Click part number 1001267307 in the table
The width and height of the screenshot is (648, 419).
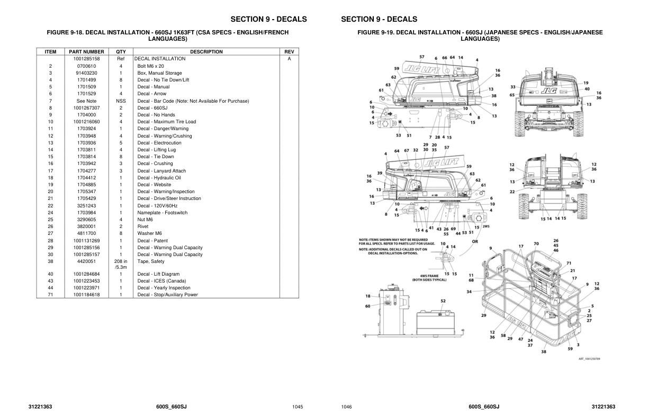coord(86,108)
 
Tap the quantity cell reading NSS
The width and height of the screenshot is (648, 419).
coord(121,101)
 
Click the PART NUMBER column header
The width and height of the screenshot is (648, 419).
coord(86,52)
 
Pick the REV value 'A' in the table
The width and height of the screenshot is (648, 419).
coord(289,59)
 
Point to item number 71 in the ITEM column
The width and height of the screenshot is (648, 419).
coord(50,295)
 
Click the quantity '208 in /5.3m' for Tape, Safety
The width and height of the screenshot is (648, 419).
coord(121,264)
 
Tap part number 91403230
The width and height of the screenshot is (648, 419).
coord(86,73)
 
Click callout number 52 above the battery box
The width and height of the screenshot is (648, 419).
coord(443,301)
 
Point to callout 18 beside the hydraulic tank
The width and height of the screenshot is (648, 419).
coord(368,296)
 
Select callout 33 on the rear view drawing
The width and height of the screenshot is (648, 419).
coord(512,87)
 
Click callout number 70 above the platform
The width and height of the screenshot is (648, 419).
coord(536,244)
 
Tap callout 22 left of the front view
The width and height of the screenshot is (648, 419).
coord(512,192)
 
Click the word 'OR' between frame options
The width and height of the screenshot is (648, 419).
coord(474,241)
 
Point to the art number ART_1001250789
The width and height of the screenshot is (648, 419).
coord(589,359)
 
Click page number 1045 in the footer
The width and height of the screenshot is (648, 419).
coord(298,407)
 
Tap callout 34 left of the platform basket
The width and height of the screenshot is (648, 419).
coord(469,292)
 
